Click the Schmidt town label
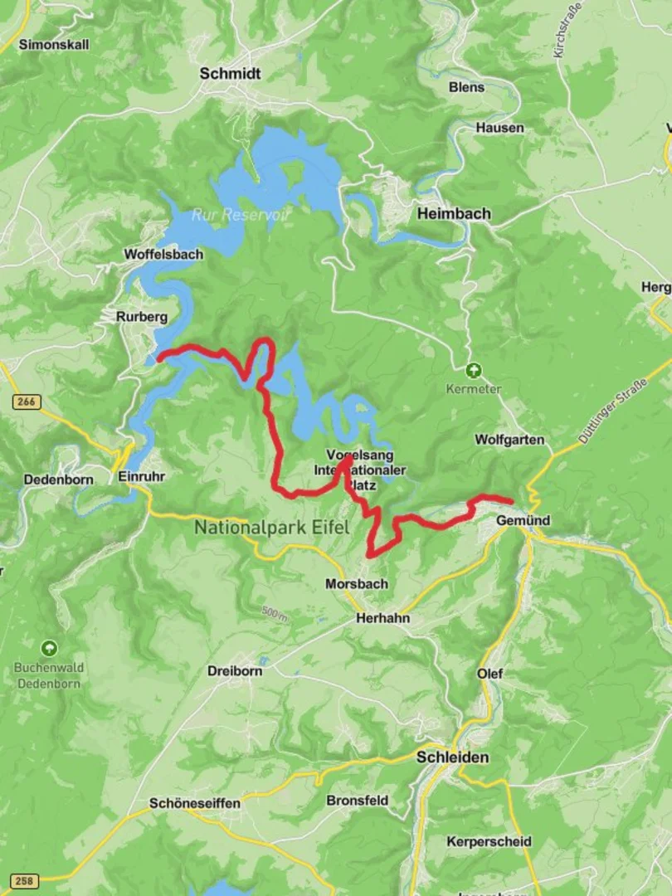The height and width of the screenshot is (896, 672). pyautogui.click(x=230, y=74)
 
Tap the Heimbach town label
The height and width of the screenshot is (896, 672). pyautogui.click(x=454, y=213)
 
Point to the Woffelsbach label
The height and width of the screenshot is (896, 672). pyautogui.click(x=163, y=255)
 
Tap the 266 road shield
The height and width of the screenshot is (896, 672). pyautogui.click(x=26, y=402)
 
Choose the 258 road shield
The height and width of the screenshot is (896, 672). pyautogui.click(x=25, y=880)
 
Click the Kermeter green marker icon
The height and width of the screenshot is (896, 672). pyautogui.click(x=474, y=370)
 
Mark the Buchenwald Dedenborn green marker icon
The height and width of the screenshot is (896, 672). pyautogui.click(x=49, y=647)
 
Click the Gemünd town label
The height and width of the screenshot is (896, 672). pyautogui.click(x=523, y=520)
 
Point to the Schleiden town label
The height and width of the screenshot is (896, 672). pyautogui.click(x=452, y=757)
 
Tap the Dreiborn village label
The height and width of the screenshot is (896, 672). pyautogui.click(x=235, y=670)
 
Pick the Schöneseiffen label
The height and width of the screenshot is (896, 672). pyautogui.click(x=195, y=803)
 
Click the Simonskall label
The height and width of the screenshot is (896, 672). pyautogui.click(x=54, y=44)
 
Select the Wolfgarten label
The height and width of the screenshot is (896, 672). pyautogui.click(x=509, y=440)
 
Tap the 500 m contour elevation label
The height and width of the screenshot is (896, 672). pyautogui.click(x=273, y=614)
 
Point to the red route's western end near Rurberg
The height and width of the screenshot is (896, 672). pyautogui.click(x=159, y=359)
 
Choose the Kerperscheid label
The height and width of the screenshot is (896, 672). pyautogui.click(x=489, y=841)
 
